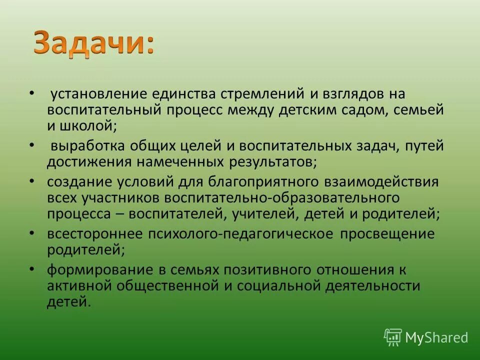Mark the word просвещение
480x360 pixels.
point(388,234)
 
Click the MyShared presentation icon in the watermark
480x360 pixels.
point(393,337)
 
